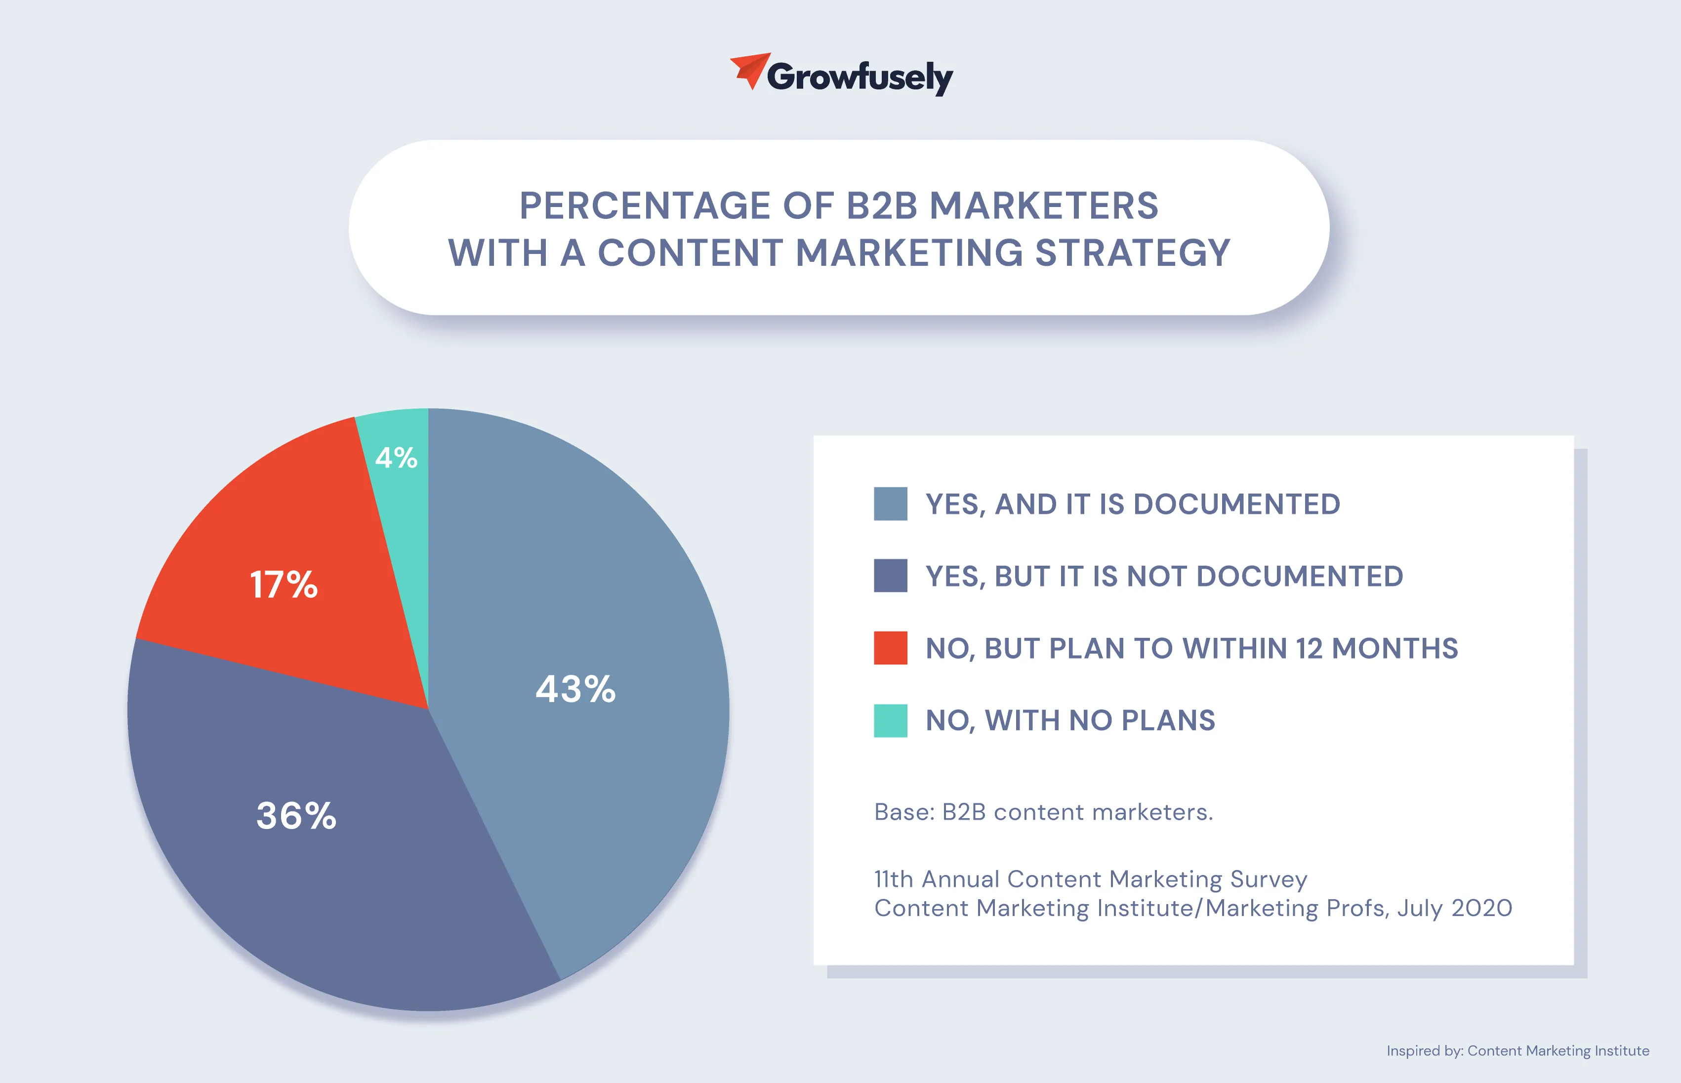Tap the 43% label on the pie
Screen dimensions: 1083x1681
pos(575,689)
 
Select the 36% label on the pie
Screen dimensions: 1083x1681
pos(296,816)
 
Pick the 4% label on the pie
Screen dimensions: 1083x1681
pos(396,458)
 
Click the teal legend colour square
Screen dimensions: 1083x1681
pos(890,720)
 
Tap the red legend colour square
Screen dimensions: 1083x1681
pos(890,648)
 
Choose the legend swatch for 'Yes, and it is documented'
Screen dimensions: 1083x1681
pos(890,504)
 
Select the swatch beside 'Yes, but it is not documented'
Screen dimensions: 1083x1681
pos(890,576)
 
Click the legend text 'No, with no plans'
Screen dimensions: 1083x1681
pos(1070,720)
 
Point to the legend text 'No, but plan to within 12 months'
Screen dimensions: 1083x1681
pos(1191,648)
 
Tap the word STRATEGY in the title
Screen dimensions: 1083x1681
pos(1132,252)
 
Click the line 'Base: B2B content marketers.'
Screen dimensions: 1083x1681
pos(1043,812)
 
